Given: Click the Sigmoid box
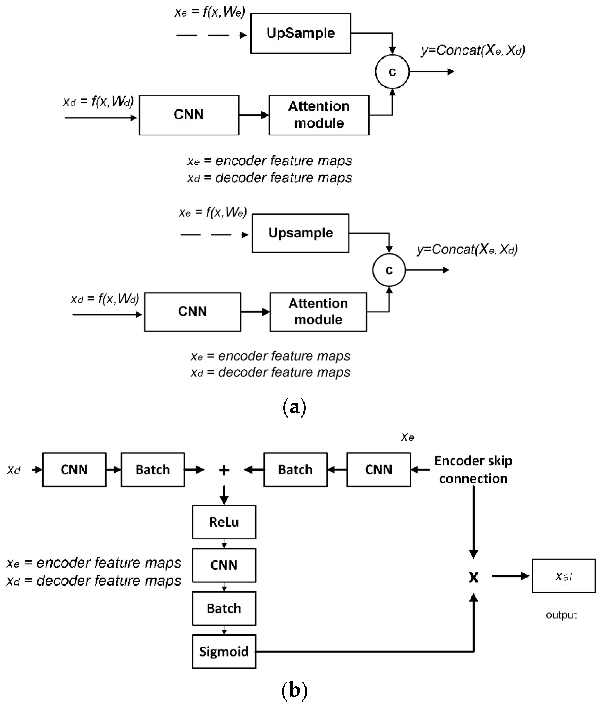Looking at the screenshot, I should (224, 652).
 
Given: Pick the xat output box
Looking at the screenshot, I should (563, 576).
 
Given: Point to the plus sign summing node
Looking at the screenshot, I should (224, 471).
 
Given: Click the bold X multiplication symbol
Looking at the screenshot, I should (473, 577).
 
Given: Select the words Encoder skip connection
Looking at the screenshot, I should (473, 470).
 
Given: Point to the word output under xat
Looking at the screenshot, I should (561, 615).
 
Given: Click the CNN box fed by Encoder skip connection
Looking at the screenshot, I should (378, 470).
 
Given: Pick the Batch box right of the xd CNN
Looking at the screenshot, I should (152, 470).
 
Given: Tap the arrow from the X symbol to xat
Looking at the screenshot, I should (510, 576).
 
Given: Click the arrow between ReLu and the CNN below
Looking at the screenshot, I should (224, 543).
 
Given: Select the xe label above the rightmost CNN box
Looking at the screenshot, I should (407, 437).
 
